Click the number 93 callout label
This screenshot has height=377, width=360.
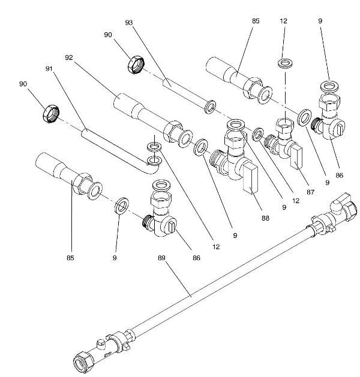pyautogui.click(x=128, y=22)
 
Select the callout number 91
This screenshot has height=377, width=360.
pyautogui.click(x=49, y=69)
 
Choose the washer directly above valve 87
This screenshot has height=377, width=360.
pyautogui.click(x=284, y=64)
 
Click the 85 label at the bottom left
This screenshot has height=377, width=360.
pyautogui.click(x=70, y=260)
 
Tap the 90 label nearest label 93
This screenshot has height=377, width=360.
pyautogui.click(x=107, y=35)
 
